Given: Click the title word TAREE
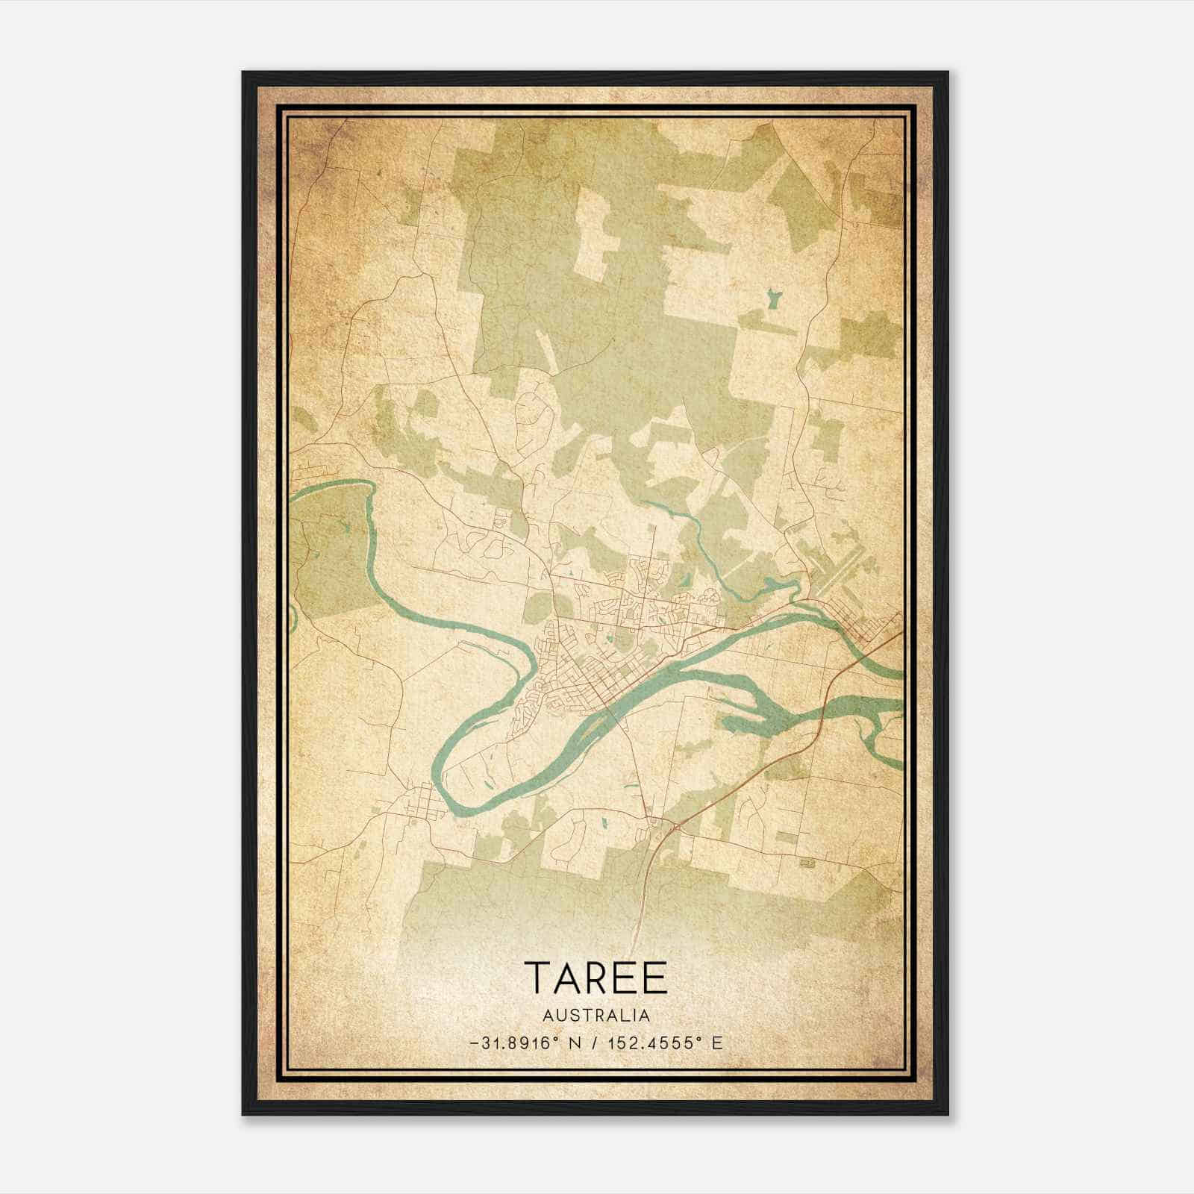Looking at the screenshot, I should point(596,978).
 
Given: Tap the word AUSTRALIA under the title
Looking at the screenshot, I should point(596,1016).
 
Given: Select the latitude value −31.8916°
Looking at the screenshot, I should point(514,1043).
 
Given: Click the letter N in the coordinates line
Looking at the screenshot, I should point(574,1043).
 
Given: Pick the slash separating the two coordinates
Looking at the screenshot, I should point(595,1043).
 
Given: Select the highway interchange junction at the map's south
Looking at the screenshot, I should point(674,825).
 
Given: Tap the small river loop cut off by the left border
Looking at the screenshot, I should point(293,616).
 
